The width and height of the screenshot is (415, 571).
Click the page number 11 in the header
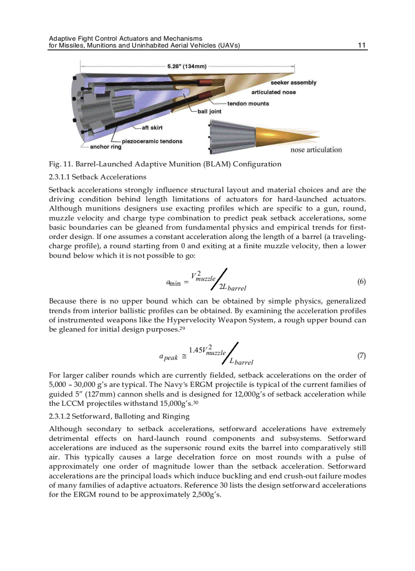pyautogui.click(x=362, y=45)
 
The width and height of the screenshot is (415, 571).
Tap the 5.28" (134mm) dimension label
pyautogui.click(x=187, y=66)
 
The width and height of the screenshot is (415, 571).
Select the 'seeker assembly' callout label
pyautogui.click(x=293, y=82)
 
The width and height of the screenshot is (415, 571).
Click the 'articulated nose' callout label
pyautogui.click(x=274, y=92)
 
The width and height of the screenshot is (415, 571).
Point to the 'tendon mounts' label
pyautogui.click(x=248, y=104)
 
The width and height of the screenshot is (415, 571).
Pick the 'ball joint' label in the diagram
pyautogui.click(x=209, y=111)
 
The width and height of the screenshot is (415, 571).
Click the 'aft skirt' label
pyautogui.click(x=153, y=127)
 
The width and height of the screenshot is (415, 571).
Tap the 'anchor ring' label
pyautogui.click(x=106, y=147)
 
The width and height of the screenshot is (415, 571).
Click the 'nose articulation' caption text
pyautogui.click(x=316, y=149)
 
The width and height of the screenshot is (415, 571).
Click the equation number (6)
pyautogui.click(x=362, y=282)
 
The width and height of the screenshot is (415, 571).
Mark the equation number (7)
pyautogui.click(x=362, y=355)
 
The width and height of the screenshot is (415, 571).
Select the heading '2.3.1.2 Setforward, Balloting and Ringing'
pyautogui.click(x=119, y=416)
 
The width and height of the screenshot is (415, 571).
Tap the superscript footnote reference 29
pyautogui.click(x=181, y=328)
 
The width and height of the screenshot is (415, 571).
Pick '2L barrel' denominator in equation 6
pyautogui.click(x=232, y=288)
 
